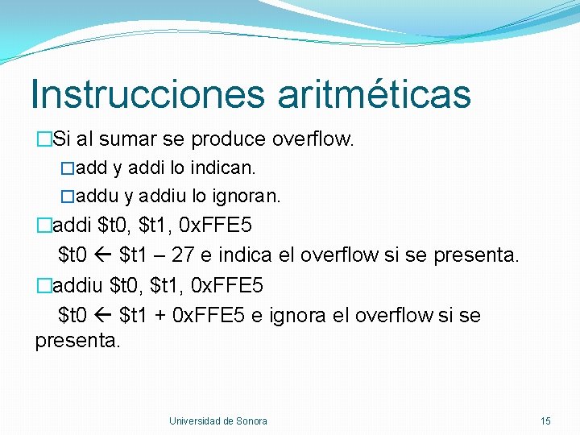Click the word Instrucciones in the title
147,93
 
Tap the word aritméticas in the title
374,93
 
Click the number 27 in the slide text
183,255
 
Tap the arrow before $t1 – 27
102,256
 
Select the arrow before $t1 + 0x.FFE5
102,316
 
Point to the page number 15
545,421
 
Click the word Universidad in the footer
194,421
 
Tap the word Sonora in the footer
252,421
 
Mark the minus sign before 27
162,256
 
